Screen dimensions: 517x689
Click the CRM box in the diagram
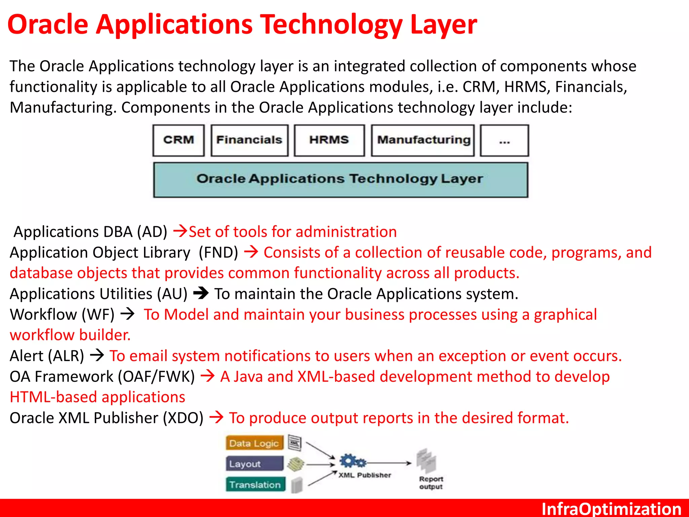[178, 140]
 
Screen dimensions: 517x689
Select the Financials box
[249, 140]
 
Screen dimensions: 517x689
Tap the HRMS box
[329, 140]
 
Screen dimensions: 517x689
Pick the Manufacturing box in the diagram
[423, 140]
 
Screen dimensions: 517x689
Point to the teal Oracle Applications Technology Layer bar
[340, 179]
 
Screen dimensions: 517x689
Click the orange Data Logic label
[254, 443]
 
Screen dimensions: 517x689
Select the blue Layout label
[254, 464]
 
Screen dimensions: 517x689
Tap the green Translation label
[255, 485]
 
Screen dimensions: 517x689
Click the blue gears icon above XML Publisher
[352, 461]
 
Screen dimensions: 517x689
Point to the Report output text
[431, 483]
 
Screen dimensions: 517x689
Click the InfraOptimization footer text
[611, 509]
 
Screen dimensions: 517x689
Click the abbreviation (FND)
[218, 252]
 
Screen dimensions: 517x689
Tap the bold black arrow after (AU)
[201, 293]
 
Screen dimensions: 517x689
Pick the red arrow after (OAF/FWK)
[208, 376]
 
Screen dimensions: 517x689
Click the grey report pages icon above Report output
[426, 461]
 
